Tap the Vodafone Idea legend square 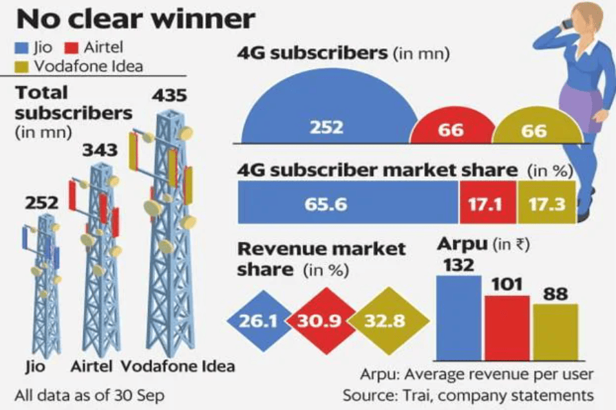point(21,66)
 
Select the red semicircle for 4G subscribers point(452,128)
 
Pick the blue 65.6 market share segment point(348,204)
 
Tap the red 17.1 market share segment point(487,204)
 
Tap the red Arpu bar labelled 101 point(507,327)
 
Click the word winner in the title point(198,19)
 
